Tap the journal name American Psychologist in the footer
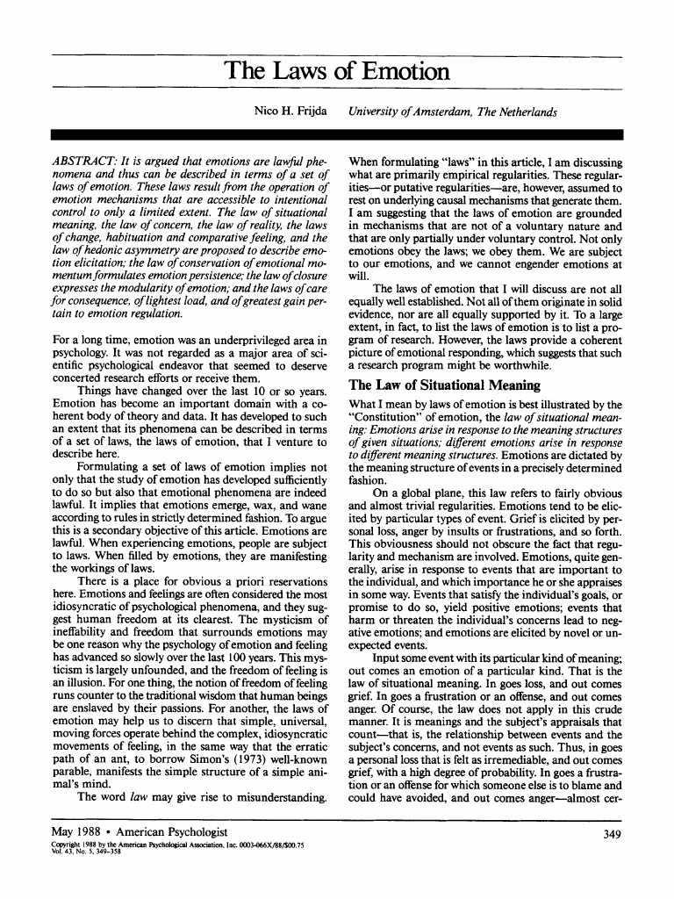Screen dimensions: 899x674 click(x=167, y=831)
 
